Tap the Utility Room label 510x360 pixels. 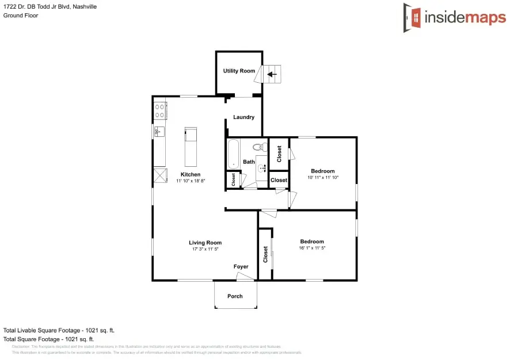point(239,71)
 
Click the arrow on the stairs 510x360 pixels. point(272,74)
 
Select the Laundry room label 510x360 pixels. point(243,117)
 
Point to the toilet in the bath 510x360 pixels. point(260,147)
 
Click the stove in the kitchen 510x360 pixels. point(160,111)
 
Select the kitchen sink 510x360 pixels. point(159,132)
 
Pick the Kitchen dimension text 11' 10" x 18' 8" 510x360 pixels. point(191,181)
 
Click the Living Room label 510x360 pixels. point(205,243)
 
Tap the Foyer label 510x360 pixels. point(241,267)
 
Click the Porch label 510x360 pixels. point(235,296)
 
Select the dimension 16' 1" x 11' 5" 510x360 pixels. point(312,248)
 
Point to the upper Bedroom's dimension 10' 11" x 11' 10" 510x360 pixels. point(323,178)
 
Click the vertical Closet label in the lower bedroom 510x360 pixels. point(265,254)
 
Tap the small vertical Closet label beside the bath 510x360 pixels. point(233,179)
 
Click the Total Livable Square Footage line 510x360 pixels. point(59,331)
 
